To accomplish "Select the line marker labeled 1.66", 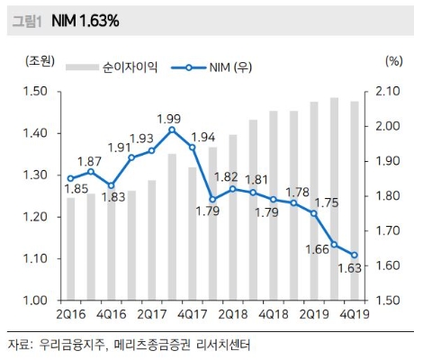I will pyautogui.click(x=334, y=244).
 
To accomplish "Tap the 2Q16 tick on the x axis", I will pyautogui.click(x=70, y=314).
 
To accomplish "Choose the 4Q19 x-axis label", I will pyautogui.click(x=354, y=314).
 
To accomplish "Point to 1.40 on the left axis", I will pyautogui.click(x=37, y=133).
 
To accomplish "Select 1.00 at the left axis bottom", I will pyautogui.click(x=37, y=301).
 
